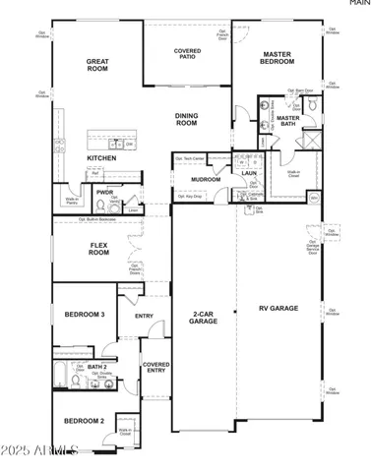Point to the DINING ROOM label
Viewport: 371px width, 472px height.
pyautogui.click(x=187, y=120)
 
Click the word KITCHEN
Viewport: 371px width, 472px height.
pyautogui.click(x=101, y=157)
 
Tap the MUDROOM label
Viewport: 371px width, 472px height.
pyautogui.click(x=206, y=180)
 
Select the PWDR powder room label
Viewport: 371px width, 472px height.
pyautogui.click(x=102, y=193)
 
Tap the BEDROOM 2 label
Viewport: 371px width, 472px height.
pyautogui.click(x=84, y=420)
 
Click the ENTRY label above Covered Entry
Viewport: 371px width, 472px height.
pyautogui.click(x=145, y=316)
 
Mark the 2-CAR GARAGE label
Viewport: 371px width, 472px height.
pyautogui.click(x=204, y=317)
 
